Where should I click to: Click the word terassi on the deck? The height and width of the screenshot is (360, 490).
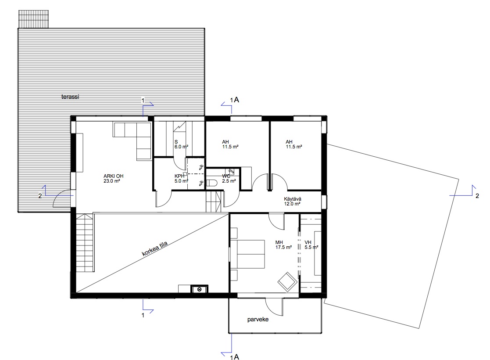(x=70, y=97)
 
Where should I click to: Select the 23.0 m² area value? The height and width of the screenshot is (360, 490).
(x=112, y=181)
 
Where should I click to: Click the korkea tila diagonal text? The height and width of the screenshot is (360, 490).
(x=155, y=249)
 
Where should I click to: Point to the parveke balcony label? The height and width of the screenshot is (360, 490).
(x=258, y=320)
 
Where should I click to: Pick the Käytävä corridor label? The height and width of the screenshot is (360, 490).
(x=293, y=199)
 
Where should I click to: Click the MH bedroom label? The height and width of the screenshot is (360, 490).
(x=279, y=242)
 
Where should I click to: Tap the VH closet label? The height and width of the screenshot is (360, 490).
(x=308, y=242)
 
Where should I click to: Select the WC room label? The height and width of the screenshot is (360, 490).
(x=226, y=176)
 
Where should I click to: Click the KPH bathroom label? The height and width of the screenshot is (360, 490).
(x=179, y=176)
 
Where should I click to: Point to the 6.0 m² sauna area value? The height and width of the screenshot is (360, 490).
(x=181, y=147)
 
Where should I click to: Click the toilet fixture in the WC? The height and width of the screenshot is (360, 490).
(x=211, y=183)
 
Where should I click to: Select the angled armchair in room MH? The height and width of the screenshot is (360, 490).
(x=287, y=282)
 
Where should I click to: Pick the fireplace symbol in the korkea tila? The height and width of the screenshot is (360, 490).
(x=199, y=289)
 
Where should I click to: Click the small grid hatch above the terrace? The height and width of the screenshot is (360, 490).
(x=33, y=19)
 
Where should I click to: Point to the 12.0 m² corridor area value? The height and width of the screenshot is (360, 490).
(x=292, y=204)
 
